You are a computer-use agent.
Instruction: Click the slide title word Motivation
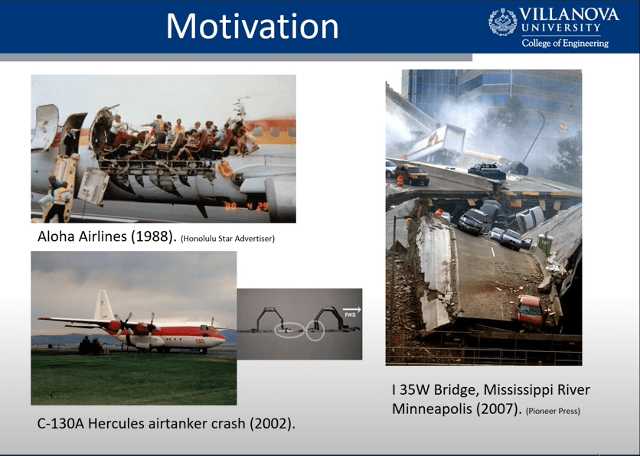252,26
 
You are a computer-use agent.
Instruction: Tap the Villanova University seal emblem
502,21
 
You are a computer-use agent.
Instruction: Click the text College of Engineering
565,43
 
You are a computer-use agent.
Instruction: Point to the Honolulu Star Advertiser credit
227,239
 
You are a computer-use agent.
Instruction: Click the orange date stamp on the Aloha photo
247,206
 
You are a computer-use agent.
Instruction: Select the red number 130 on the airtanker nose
200,341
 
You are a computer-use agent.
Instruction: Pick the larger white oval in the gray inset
289,330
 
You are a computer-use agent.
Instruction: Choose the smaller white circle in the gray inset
315,331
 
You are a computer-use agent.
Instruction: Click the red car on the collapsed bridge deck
531,310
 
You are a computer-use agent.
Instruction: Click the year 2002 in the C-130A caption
270,424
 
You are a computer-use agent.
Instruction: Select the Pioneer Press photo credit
553,411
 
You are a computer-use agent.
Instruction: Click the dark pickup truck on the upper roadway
487,171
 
